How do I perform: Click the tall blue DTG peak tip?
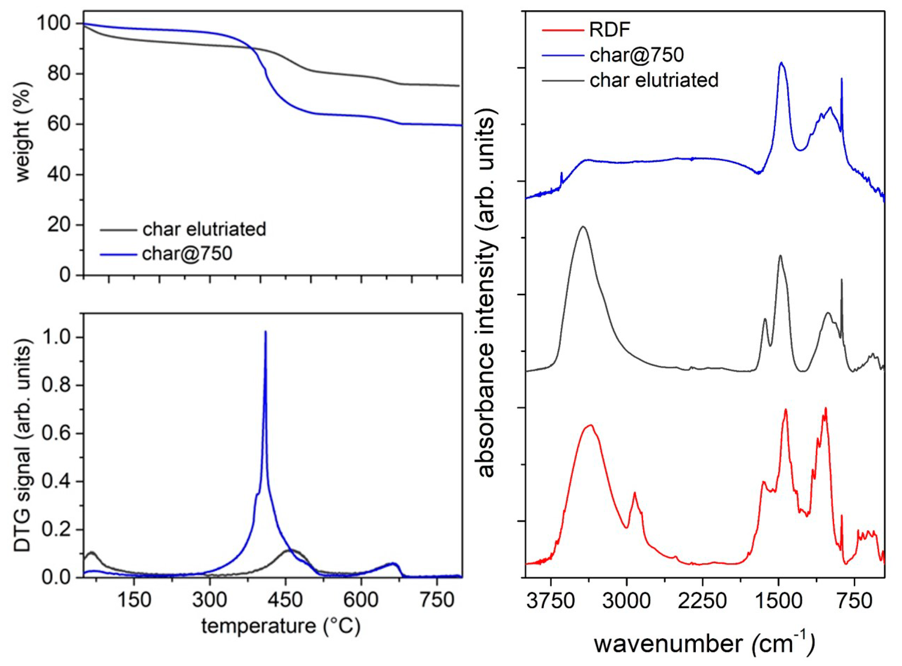pyautogui.click(x=265, y=332)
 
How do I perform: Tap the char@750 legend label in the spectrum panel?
pyautogui.click(x=637, y=55)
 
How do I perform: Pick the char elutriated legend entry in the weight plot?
pyautogui.click(x=204, y=229)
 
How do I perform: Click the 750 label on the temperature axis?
pyautogui.click(x=437, y=601)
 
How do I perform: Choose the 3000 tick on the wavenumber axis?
pyautogui.click(x=627, y=601)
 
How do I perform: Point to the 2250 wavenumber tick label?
pyautogui.click(x=702, y=601)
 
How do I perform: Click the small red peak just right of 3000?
pyautogui.click(x=635, y=492)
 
